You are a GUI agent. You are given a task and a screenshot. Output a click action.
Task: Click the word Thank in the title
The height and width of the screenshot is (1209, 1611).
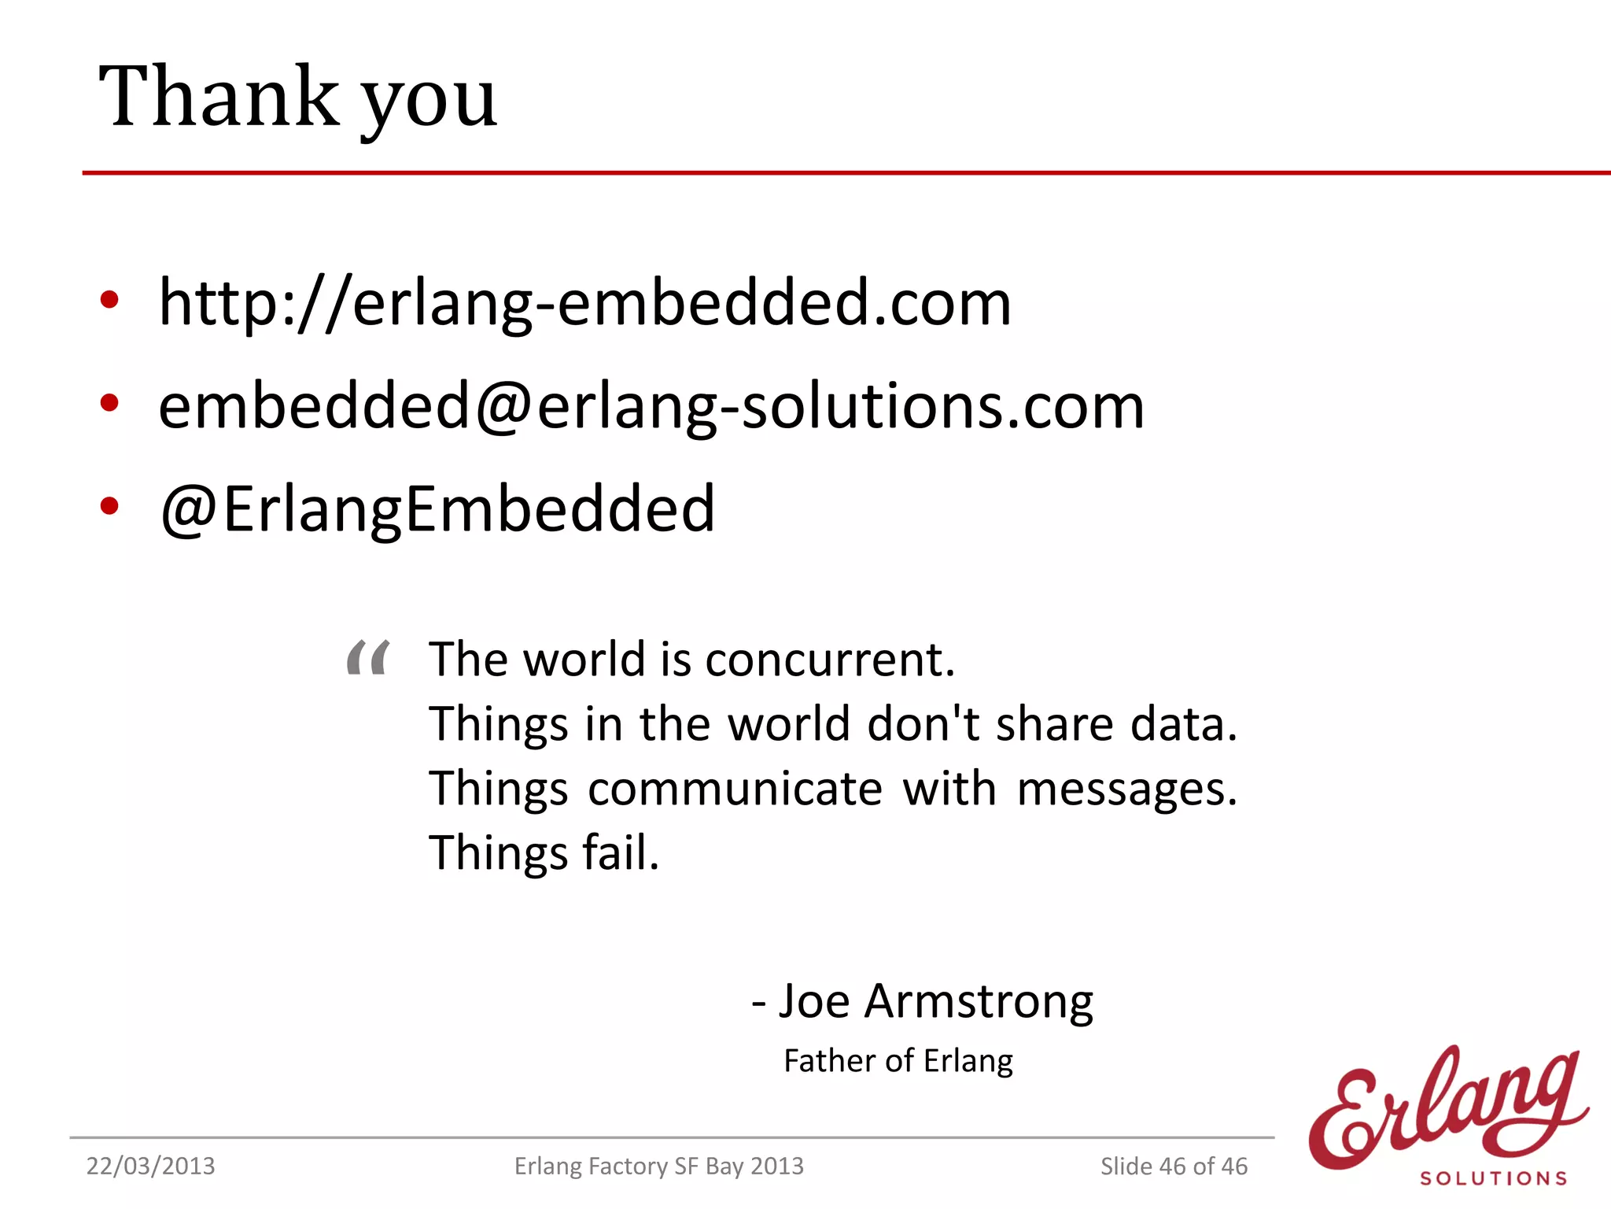coord(219,96)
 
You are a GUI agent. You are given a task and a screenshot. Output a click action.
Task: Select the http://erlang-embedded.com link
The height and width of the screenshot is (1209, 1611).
coord(584,302)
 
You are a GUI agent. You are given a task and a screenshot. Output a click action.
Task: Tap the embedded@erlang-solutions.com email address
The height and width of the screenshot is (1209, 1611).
coord(651,406)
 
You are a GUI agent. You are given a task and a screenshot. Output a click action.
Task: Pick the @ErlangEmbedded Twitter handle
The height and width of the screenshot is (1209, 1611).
coord(437,508)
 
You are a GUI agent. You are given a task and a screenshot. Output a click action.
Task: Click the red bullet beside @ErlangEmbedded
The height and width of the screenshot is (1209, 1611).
coord(109,506)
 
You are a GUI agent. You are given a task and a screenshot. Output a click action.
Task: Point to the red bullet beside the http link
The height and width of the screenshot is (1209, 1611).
coord(109,300)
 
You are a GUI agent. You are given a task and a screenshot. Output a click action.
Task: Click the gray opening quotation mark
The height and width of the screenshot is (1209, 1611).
coord(368,657)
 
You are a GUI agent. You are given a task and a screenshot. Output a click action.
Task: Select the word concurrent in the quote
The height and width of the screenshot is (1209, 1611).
coord(829,659)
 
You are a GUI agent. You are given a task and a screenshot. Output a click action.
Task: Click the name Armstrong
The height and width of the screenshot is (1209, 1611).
coord(979,1002)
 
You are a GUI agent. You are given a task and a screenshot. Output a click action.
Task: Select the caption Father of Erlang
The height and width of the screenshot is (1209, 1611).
coord(898,1061)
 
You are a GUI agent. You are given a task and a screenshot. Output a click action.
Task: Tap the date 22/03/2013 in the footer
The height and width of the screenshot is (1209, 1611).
coord(150,1166)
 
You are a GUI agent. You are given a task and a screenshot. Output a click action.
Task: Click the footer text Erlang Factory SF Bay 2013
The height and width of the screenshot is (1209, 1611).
coord(659,1166)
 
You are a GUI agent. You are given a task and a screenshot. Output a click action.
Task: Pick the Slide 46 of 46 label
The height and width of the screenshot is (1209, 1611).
coord(1174,1166)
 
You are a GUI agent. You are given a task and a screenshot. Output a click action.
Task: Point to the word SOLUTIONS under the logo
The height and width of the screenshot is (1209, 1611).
coord(1493,1178)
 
